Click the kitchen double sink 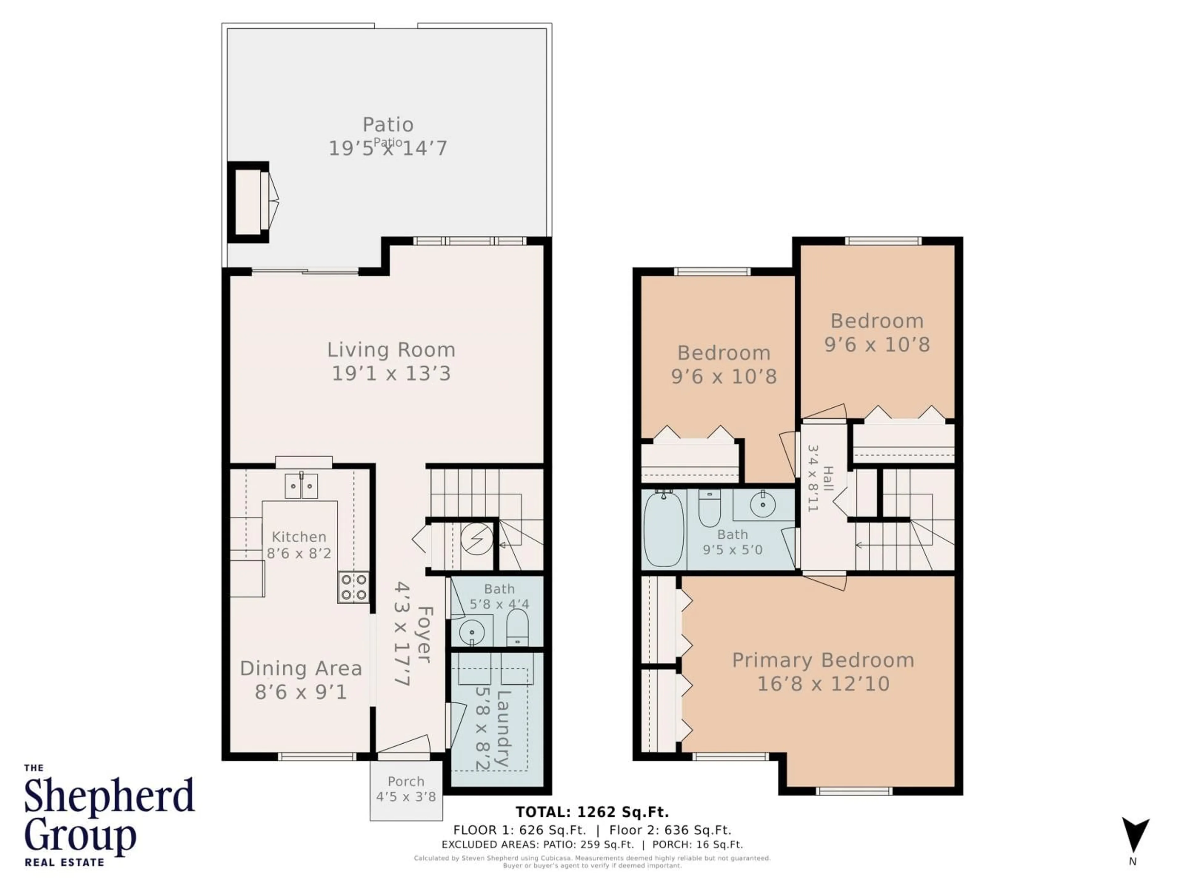301,486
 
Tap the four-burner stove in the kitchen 354,588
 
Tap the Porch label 406,782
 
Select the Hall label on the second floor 828,479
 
